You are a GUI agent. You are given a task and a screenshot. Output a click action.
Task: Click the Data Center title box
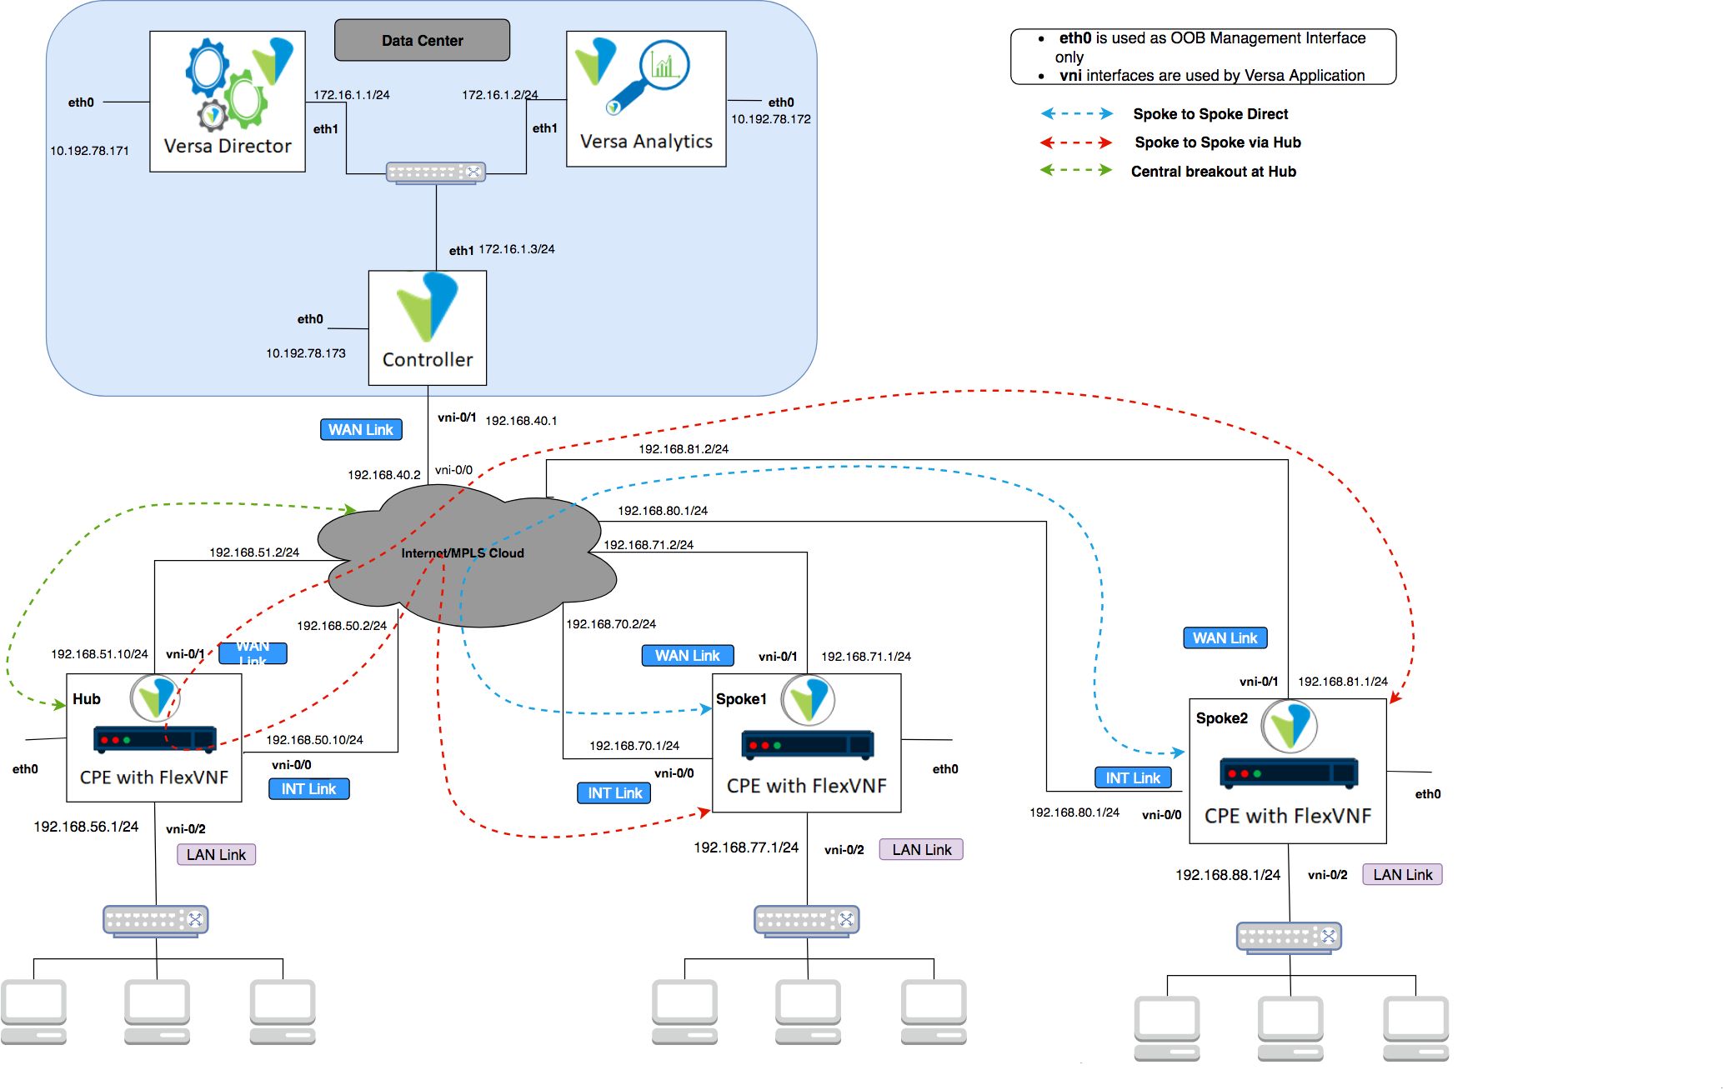tap(422, 40)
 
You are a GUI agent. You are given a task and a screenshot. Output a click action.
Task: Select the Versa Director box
tap(228, 102)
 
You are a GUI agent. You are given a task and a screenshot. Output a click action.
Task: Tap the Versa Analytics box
tap(646, 99)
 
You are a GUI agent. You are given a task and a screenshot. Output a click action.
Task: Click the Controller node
tap(428, 327)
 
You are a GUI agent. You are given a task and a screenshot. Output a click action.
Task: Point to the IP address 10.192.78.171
tap(89, 151)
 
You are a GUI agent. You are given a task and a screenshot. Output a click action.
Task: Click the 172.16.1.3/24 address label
tap(517, 249)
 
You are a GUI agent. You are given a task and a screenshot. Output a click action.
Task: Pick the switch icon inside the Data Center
tap(436, 172)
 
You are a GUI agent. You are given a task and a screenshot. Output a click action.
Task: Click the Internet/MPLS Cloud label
tap(463, 553)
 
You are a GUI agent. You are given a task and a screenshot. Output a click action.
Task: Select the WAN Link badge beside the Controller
tap(361, 430)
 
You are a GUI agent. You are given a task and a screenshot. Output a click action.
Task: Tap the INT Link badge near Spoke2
tap(1133, 778)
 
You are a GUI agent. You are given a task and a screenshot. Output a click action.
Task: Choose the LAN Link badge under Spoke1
tap(921, 850)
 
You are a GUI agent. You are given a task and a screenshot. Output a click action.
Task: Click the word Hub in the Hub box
tap(87, 699)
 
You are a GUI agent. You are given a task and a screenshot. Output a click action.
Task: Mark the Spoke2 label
tap(1222, 718)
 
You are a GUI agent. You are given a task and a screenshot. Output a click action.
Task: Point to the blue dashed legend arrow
tap(1076, 114)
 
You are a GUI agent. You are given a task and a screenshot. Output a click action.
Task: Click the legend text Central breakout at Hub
tap(1213, 172)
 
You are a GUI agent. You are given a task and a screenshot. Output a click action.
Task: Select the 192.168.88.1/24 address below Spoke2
tap(1228, 875)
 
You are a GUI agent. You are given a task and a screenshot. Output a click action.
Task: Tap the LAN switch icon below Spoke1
tap(807, 921)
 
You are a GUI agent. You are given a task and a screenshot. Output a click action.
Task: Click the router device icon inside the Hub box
tap(155, 739)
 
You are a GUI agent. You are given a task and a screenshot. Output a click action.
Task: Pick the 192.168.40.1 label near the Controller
tap(521, 421)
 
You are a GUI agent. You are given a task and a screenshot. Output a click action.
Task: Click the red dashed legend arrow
tap(1076, 142)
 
